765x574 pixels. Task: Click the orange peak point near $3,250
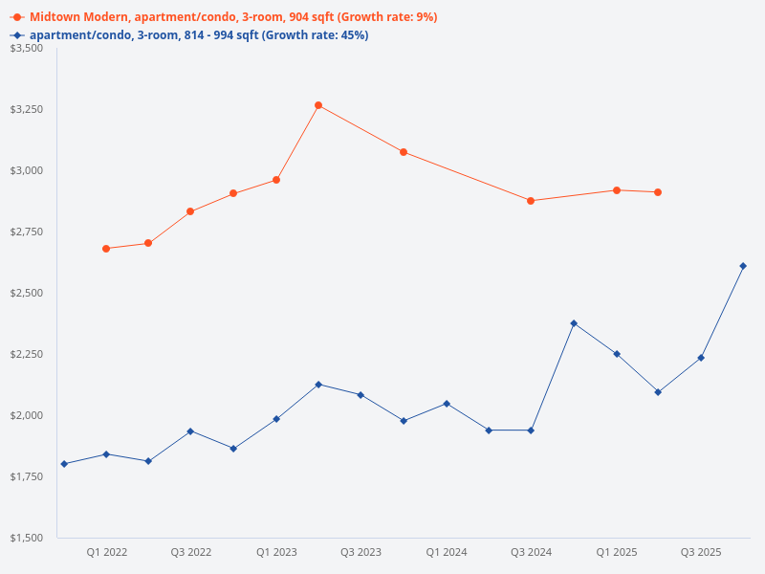(318, 105)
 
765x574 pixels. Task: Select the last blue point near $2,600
(743, 266)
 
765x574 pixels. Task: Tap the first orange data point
(106, 249)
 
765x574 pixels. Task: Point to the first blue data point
(64, 464)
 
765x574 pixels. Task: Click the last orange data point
(658, 192)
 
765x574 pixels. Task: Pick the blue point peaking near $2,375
(574, 323)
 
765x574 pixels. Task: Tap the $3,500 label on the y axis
(27, 48)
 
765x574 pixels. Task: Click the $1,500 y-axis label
(27, 538)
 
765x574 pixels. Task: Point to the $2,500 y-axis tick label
(27, 293)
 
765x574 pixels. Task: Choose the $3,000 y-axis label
(27, 170)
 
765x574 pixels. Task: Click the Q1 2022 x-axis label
(107, 552)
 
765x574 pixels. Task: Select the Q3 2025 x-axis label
(701, 552)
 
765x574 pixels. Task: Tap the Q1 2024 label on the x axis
(447, 552)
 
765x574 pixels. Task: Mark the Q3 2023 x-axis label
(361, 552)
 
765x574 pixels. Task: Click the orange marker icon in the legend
(17, 17)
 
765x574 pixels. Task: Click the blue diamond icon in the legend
(17, 35)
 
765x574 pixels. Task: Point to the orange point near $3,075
(404, 152)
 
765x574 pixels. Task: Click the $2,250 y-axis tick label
(27, 354)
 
